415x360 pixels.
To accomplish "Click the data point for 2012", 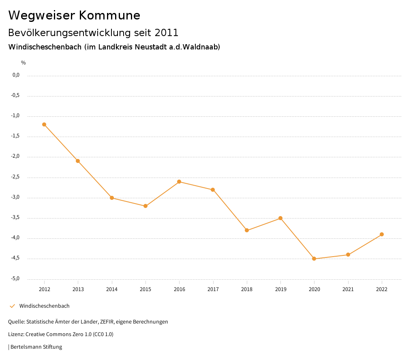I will (44, 124).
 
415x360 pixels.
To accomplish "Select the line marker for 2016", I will (179, 182).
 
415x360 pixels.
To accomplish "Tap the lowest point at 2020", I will (314, 259).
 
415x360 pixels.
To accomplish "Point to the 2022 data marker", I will (382, 234).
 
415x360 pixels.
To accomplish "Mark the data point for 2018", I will (247, 230).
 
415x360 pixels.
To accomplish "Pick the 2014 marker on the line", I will (112, 198).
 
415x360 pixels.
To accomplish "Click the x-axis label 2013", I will (78, 289).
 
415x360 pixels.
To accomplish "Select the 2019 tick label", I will (280, 289).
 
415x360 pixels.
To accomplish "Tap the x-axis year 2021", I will (348, 289).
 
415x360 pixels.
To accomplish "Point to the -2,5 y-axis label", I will (16, 177).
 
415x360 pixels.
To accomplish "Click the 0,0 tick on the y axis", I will (16, 75).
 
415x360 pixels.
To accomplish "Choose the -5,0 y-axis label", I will (16, 279).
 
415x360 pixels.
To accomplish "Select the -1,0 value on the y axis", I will (16, 116).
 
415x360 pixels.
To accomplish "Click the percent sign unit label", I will (24, 63).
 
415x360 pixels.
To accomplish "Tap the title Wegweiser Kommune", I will (74, 15).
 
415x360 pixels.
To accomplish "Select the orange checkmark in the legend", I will (12, 306).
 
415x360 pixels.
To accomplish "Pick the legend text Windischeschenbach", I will (45, 306).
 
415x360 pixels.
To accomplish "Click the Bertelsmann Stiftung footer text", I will (36, 347).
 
